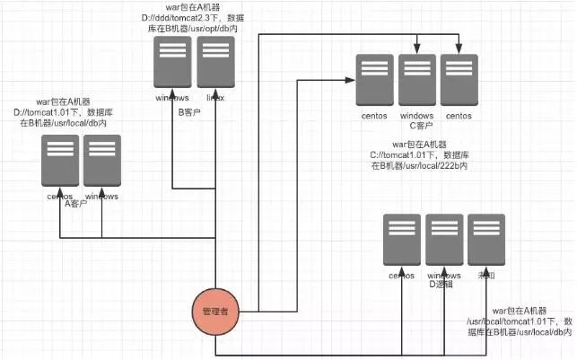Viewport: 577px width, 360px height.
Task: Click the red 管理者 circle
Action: pyautogui.click(x=218, y=312)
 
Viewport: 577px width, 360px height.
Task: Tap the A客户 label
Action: pyautogui.click(x=76, y=205)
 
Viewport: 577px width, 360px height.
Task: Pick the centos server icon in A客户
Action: pyautogui.click(x=59, y=162)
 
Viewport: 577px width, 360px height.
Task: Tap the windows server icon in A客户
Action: pyautogui.click(x=102, y=162)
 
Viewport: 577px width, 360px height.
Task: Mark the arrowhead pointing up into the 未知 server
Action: pyautogui.click(x=485, y=271)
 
